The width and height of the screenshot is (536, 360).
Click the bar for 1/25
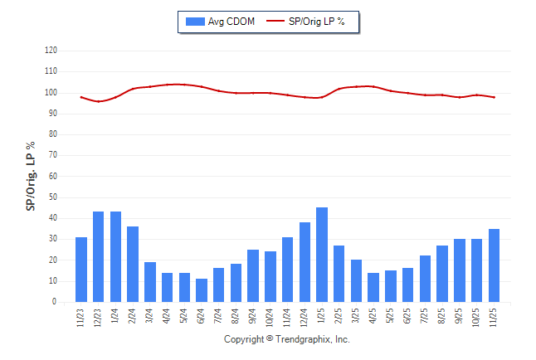pos(322,255)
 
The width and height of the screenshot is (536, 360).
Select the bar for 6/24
pos(202,290)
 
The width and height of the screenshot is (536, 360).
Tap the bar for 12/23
pos(99,257)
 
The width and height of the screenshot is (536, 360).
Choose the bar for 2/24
pos(133,264)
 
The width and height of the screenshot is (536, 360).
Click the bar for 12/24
pos(305,262)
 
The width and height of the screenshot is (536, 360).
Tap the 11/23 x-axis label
pos(81,318)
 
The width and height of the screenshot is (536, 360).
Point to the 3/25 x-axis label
pos(357,316)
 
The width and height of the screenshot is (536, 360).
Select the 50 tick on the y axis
pos(53,197)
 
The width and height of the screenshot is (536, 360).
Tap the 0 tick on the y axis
pos(55,302)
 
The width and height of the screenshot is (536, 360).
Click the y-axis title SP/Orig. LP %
pos(31,176)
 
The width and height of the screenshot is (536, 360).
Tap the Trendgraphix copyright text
pos(287,339)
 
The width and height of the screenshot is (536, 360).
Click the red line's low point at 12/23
pos(99,101)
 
